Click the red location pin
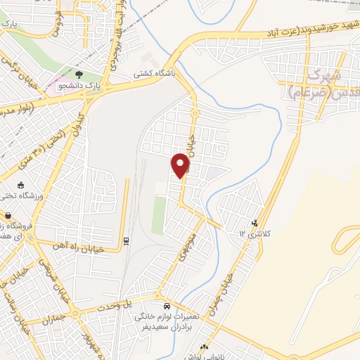tap(181, 165)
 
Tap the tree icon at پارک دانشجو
tap(79, 74)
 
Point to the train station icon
tap(126, 241)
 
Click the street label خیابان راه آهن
tap(79, 247)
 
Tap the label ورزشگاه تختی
tap(44, 196)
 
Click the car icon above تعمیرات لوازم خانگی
tap(167, 307)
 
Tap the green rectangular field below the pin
tap(160, 215)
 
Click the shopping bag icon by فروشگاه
tap(8, 217)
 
